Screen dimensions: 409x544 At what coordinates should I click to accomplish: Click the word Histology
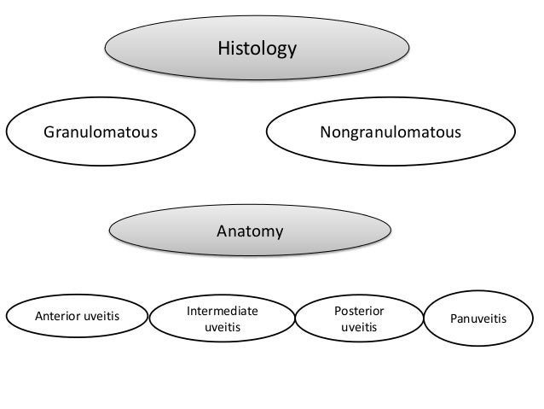coord(257,49)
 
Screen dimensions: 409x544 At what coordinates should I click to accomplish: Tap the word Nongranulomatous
coord(390,133)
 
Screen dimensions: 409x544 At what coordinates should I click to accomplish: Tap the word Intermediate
coord(222,310)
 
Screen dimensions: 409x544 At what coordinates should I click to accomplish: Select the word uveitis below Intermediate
coord(222,326)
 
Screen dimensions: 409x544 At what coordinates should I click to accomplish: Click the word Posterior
coord(358,310)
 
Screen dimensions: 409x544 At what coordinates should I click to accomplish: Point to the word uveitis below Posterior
coord(358,326)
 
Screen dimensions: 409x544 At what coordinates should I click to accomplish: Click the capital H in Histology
coord(223,49)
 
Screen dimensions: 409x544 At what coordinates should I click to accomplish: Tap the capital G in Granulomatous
coord(49,133)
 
